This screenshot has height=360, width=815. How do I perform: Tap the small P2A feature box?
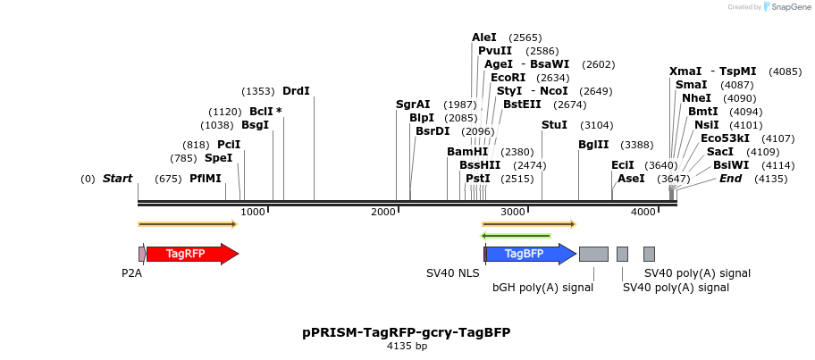pos(142,254)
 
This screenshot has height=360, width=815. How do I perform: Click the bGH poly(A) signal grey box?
pos(593,254)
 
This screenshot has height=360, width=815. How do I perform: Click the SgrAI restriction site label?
pos(413,105)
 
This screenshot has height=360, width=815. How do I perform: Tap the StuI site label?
pos(554,125)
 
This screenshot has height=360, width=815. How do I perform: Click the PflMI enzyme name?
pos(206,179)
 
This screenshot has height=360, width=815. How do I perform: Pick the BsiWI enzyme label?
pos(730,165)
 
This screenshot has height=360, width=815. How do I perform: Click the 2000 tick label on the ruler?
pos(383,212)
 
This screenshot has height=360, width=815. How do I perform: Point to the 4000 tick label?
pos(643,212)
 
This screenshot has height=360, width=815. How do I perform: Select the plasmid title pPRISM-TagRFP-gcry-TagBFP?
pos(407,332)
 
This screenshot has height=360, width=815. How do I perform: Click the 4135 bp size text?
pos(407,346)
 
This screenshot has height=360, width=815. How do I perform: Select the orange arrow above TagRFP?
pos(188,224)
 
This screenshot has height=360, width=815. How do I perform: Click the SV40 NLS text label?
pos(452,273)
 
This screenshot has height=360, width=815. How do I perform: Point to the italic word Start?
pos(117,179)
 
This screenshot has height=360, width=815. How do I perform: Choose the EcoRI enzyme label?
pos(508,78)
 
